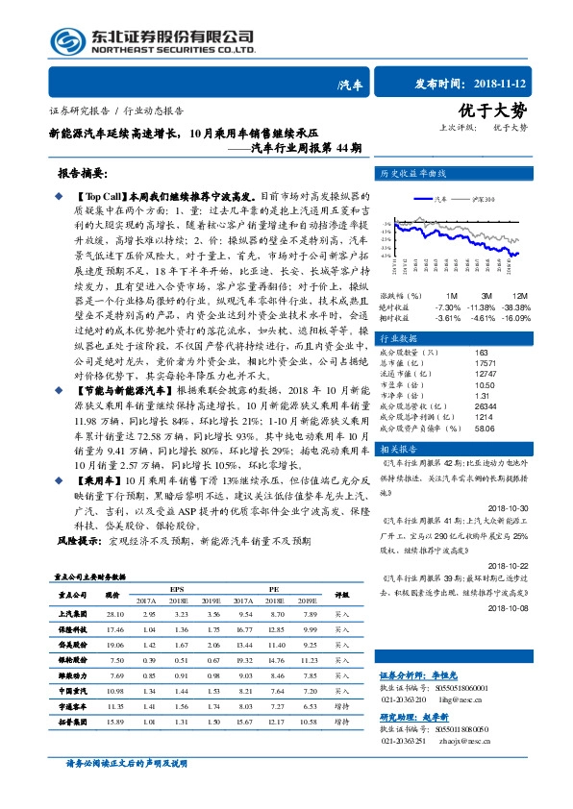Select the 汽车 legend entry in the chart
pos(440,199)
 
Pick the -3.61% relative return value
pos(449,316)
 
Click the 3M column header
pos(486,295)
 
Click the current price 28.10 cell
pos(116,613)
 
